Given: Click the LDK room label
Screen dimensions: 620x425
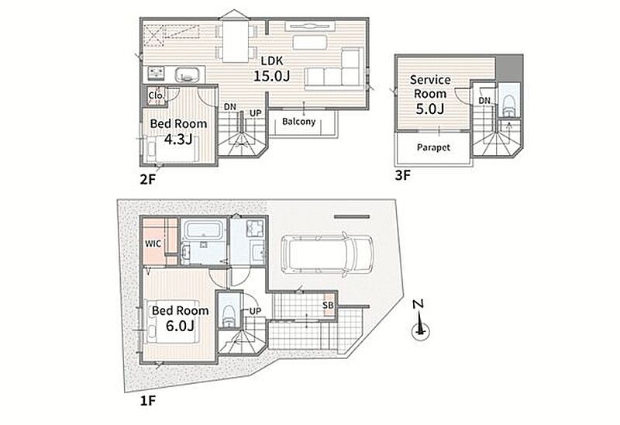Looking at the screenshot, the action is click(272, 61).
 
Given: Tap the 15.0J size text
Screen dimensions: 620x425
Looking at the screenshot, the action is click(272, 75).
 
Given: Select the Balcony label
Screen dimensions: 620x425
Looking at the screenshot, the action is click(299, 122).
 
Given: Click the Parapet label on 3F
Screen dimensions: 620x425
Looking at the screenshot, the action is click(433, 147).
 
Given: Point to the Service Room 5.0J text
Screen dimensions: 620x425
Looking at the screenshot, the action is click(430, 94).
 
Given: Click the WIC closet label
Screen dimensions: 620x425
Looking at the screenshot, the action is click(153, 244).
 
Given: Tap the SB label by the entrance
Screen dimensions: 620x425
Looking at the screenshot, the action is click(328, 305).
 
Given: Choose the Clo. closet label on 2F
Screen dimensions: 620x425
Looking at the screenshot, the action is click(157, 95).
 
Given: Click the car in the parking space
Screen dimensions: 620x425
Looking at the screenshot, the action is click(326, 254).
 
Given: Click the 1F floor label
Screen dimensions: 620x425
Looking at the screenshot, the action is click(148, 401).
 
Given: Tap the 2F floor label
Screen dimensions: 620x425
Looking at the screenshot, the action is click(148, 180).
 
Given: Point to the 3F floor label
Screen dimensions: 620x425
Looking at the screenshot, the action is click(403, 175).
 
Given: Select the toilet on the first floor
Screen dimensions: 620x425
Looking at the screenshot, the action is click(229, 315).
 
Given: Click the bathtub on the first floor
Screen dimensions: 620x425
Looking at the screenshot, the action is click(202, 230).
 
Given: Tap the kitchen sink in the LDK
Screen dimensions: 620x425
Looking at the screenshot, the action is click(186, 74).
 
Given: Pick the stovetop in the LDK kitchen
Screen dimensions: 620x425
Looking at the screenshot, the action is click(157, 72).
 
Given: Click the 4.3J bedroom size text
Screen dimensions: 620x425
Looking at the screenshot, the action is click(178, 140).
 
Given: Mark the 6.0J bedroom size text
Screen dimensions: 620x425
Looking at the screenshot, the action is click(180, 326).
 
